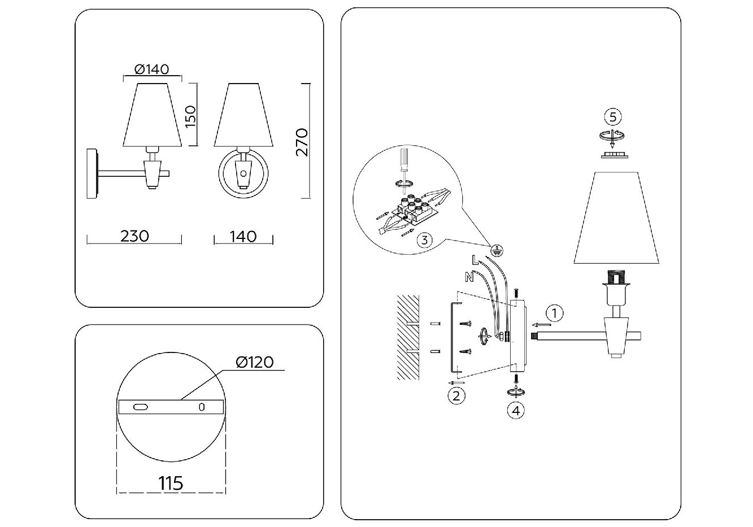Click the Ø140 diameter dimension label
pos(151,69)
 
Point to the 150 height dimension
pos(190,116)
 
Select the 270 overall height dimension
pos(302,142)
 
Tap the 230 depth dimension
pos(134,236)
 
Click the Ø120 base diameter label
pos(254,362)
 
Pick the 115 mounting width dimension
pos(171,484)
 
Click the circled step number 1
pos(554,313)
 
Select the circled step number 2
pos(456,396)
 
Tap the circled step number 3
pos(425,240)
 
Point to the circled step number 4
pos(516,411)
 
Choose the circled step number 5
pos(613,117)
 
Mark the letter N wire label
pos(469,277)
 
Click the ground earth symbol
pos(497,250)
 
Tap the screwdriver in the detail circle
pos(403,171)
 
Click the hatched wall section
pos(408,337)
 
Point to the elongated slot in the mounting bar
pos(141,407)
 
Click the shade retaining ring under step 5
pos(614,155)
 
